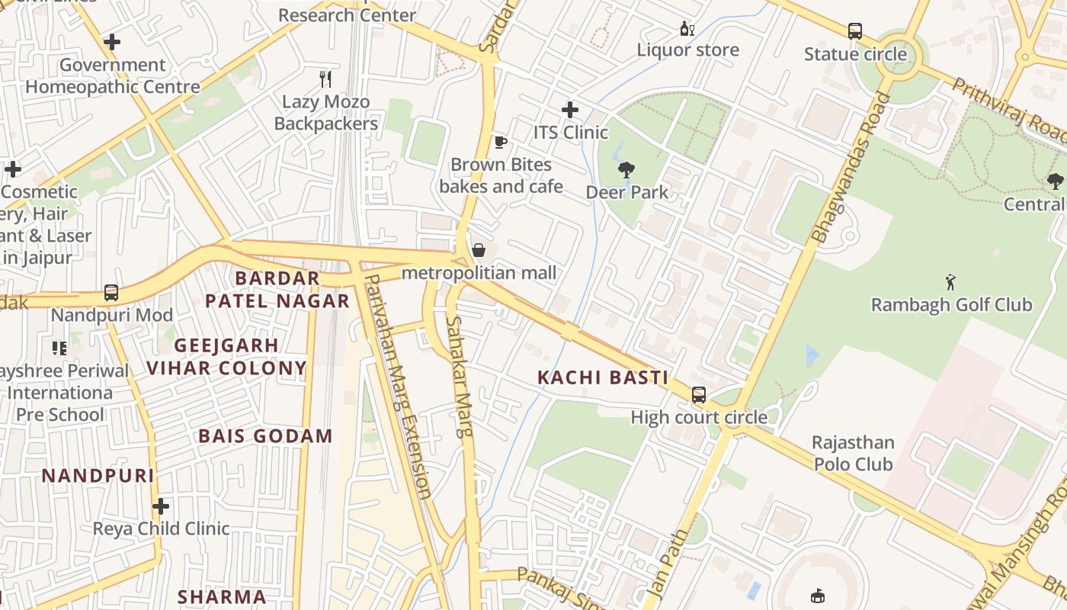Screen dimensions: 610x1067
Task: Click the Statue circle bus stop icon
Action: pos(855,31)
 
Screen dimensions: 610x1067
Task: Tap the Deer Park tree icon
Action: pos(626,169)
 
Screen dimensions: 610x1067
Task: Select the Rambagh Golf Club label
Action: pos(951,305)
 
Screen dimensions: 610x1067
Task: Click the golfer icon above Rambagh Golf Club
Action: pos(950,282)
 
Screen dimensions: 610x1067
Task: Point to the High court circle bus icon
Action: pos(698,395)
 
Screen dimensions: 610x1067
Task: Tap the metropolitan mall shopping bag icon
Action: pos(479,250)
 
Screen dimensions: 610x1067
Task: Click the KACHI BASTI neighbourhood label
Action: pos(602,377)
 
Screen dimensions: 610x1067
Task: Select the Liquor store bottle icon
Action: pos(687,29)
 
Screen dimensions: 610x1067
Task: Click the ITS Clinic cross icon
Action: pos(569,110)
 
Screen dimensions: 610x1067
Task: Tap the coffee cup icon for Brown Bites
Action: pos(500,142)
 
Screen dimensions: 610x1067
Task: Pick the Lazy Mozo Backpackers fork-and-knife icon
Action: pos(325,79)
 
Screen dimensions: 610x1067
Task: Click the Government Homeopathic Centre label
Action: pos(113,75)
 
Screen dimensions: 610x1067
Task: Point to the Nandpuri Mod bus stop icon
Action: pos(111,292)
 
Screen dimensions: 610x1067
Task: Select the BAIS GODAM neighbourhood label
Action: pos(265,436)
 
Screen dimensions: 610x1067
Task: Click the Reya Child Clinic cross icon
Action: pos(161,506)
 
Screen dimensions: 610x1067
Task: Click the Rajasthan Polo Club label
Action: pos(853,453)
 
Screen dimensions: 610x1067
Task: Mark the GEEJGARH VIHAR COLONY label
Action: pos(226,357)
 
